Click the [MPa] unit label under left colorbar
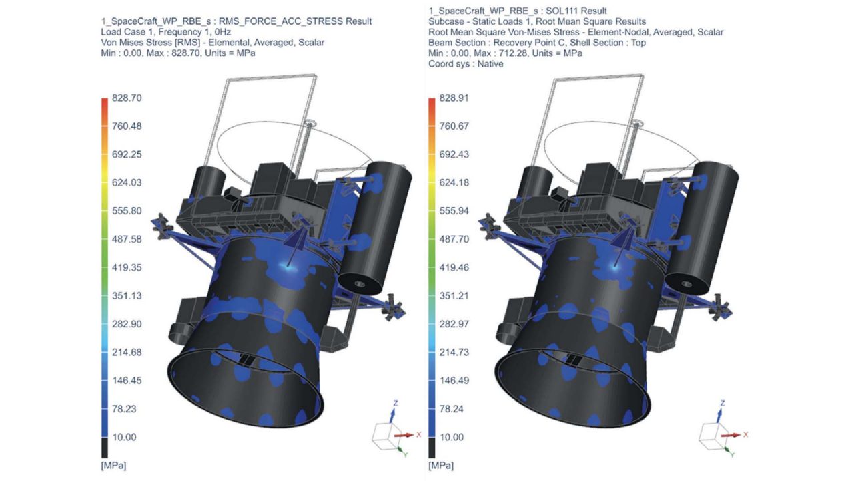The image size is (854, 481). [113, 463]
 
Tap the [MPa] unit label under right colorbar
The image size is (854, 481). [440, 463]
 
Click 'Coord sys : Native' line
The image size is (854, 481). [466, 63]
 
